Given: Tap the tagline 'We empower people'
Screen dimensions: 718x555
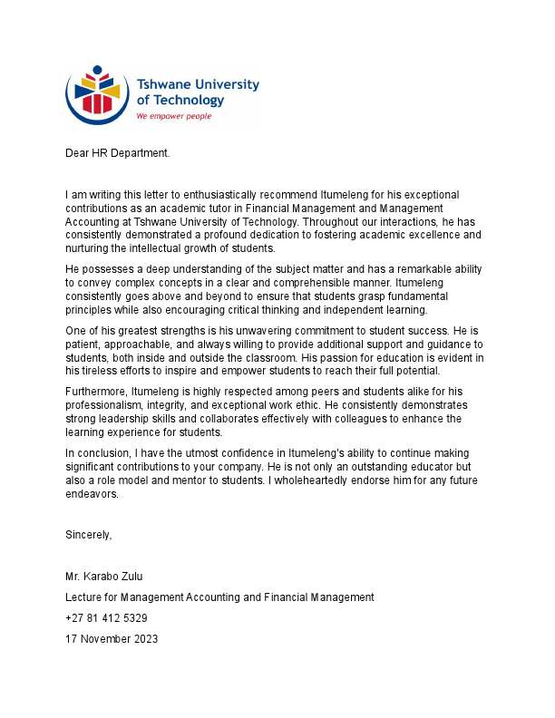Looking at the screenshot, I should (173, 116).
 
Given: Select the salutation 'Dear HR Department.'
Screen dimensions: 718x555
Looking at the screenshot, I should (117, 153).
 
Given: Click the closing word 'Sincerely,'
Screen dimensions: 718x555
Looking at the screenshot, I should (89, 535).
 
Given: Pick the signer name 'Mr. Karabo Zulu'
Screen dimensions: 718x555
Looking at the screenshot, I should (103, 577).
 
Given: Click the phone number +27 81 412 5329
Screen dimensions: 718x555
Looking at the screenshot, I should (106, 618).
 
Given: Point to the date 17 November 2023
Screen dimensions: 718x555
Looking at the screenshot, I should (112, 639).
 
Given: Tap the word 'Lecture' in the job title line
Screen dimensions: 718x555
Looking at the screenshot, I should (84, 597).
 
